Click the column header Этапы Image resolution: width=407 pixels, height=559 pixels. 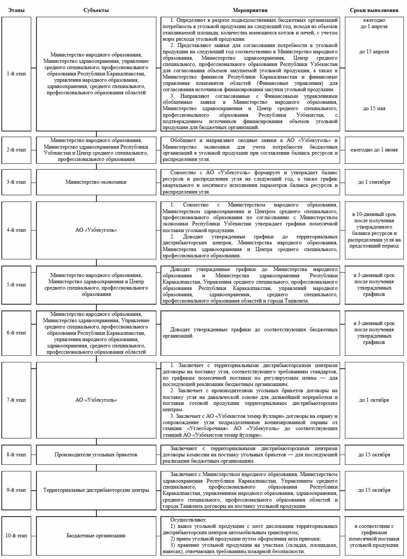point(16,10)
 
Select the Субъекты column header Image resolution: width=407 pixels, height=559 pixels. point(96,10)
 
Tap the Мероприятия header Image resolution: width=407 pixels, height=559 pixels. point(250,10)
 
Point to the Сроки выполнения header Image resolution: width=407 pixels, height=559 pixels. point(374,10)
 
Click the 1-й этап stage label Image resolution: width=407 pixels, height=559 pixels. point(16,74)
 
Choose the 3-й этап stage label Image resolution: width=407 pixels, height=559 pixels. point(16,182)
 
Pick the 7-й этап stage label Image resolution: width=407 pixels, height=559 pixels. point(16,400)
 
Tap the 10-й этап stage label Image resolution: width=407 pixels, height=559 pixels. point(16,535)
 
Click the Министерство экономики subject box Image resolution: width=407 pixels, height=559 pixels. point(96,182)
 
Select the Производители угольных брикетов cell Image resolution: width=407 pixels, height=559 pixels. point(96,455)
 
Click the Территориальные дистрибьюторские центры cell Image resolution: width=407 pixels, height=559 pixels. point(96,490)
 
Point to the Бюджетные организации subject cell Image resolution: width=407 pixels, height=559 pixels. point(96,535)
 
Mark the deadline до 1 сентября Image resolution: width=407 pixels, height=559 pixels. point(374,182)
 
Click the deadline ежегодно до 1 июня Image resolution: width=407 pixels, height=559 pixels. point(374,150)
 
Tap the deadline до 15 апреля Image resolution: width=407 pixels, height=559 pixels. point(374,51)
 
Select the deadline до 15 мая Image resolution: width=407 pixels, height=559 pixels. point(374,108)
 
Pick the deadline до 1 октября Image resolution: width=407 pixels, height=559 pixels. point(374,400)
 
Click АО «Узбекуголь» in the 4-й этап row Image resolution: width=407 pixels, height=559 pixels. point(96,230)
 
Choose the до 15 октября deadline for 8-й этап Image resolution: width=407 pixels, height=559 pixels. point(374,455)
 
